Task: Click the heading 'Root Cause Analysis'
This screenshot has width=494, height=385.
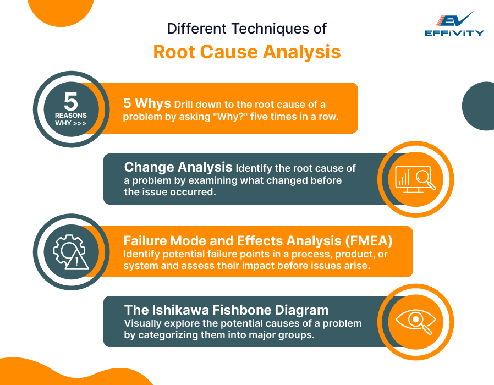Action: pos(246,52)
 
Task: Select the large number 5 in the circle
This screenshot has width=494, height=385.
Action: pos(70,101)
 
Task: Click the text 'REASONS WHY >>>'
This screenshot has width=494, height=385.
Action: pos(70,119)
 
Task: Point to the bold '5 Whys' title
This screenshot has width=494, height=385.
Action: pos(147,103)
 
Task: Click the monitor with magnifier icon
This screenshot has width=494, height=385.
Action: pos(415,179)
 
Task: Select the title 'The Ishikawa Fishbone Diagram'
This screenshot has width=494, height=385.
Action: pos(226,310)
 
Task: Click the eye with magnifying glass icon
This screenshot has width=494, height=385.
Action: pos(415,321)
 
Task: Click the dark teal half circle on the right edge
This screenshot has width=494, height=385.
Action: pos(480,106)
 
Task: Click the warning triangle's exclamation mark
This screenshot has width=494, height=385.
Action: pos(78,261)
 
